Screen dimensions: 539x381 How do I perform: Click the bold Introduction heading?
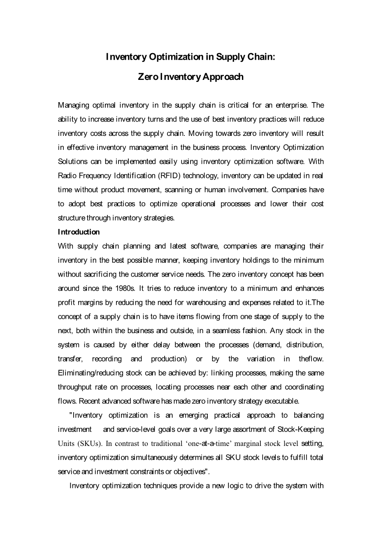tap(79, 232)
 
